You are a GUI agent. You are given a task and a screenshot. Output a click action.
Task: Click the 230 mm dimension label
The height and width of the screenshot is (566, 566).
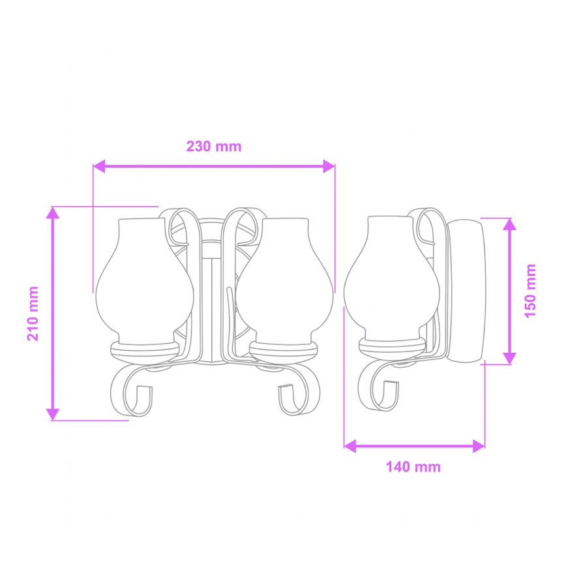tap(214, 147)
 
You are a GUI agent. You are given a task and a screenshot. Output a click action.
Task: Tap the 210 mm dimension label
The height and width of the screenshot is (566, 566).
tap(33, 313)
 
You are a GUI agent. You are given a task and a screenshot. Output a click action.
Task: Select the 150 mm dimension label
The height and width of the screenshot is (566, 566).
tap(530, 291)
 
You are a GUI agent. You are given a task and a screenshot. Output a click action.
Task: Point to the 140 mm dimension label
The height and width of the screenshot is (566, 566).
tap(413, 467)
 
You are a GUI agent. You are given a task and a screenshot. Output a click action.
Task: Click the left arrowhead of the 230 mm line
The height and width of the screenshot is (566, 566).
tap(99, 166)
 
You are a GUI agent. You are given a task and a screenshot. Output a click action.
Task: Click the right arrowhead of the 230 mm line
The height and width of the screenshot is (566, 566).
tap(329, 166)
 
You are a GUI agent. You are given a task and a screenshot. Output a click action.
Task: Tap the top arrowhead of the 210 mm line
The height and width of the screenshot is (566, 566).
tap(53, 213)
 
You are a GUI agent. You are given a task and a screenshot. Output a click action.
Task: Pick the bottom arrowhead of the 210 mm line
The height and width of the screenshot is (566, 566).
tap(53, 415)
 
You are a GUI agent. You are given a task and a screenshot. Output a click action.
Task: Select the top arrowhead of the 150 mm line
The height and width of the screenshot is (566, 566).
tap(509, 224)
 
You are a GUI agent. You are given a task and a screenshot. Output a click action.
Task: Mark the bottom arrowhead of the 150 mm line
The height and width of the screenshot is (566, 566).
tap(509, 358)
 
